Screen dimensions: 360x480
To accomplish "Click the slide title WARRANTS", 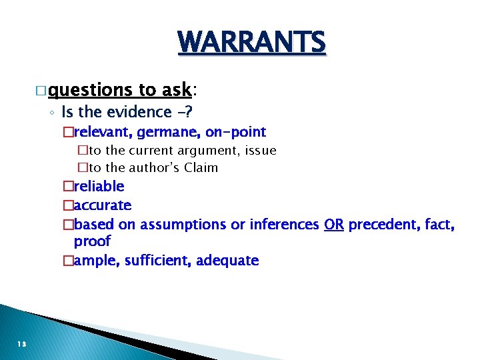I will click(x=252, y=43).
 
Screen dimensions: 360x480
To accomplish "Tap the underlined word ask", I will click(x=176, y=89).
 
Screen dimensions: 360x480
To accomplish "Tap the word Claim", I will click(x=201, y=167).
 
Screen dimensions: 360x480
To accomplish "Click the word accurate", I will click(x=103, y=205).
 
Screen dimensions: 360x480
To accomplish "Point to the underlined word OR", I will click(x=333, y=225).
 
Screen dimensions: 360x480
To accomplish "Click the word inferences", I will click(x=284, y=225).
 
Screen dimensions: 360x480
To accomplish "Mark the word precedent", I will click(x=380, y=225).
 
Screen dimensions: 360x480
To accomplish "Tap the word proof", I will click(x=92, y=241).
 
